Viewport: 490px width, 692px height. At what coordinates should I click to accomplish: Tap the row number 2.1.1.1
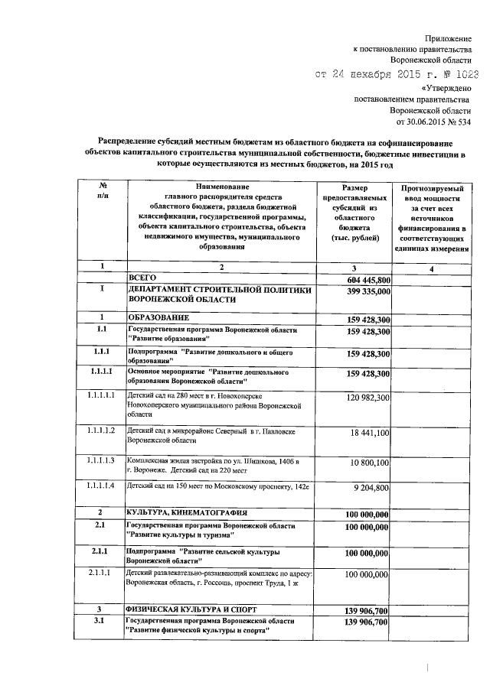pyautogui.click(x=100, y=572)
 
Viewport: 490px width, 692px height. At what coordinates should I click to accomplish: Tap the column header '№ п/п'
pyautogui.click(x=101, y=192)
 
